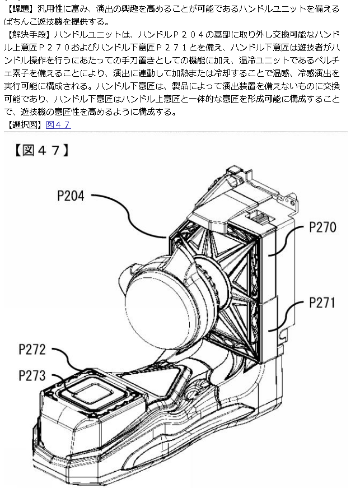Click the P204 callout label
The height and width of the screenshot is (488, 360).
pos(71,196)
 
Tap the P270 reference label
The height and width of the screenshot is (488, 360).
pos(322,227)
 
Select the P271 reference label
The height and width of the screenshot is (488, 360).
pos(322,303)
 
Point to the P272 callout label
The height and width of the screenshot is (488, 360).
pos(32,350)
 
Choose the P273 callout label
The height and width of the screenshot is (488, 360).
pos(32,375)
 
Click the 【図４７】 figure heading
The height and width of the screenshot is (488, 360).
pos(41,150)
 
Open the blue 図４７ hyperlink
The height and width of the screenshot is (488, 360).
pos(58,125)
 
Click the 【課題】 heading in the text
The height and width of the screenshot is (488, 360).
pos(21,9)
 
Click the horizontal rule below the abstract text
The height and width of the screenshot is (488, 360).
pos(176,132)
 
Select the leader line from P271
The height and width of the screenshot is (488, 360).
pos(286,316)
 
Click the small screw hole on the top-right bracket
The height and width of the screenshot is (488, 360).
pos(292,203)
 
